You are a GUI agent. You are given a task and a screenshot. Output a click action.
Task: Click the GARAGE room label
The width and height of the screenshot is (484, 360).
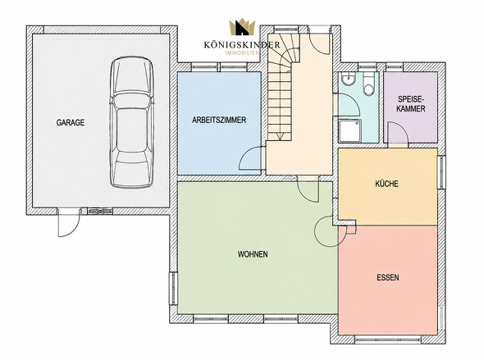point(71,122)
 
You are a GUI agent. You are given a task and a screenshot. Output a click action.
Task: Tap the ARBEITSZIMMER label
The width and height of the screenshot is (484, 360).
point(219,120)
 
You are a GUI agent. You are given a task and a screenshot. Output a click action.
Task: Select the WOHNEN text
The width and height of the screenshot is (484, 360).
point(253,254)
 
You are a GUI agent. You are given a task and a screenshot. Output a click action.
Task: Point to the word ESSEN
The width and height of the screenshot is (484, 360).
point(388,277)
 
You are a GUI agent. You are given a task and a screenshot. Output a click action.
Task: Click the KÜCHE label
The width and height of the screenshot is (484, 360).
point(386,184)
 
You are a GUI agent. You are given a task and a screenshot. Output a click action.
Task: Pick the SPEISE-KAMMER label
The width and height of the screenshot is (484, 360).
point(411,104)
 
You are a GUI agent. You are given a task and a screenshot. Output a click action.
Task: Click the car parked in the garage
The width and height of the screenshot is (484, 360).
point(132,122)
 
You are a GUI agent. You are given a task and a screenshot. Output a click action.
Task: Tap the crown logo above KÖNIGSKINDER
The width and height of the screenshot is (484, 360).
point(242,27)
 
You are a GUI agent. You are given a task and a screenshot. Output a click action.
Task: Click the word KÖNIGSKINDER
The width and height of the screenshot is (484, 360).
point(242,45)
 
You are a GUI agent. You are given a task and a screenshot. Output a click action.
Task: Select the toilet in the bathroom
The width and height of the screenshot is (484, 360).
point(369,84)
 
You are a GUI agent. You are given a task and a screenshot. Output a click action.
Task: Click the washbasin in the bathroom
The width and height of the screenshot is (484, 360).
point(349,79)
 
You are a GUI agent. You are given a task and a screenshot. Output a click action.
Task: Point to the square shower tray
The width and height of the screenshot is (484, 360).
point(349,130)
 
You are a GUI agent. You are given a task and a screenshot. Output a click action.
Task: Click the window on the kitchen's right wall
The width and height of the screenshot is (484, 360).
point(441,172)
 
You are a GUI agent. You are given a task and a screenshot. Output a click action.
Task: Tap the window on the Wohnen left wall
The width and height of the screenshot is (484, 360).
point(173,289)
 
